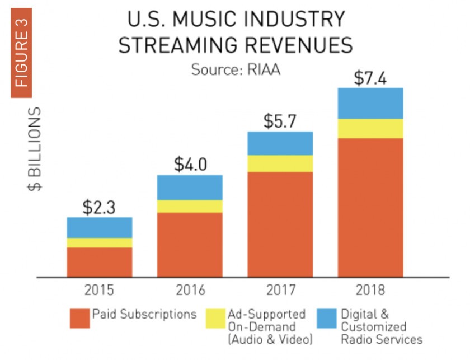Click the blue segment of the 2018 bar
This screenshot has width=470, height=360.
pos(370,103)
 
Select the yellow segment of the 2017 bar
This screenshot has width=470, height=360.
pos(280,163)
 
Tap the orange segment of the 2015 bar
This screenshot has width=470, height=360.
pos(100,261)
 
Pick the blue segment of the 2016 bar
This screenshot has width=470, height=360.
pos(190,188)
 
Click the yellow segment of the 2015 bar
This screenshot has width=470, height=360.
pos(100,242)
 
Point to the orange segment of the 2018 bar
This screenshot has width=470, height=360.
pos(370,207)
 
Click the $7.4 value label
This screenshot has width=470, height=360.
pos(370,78)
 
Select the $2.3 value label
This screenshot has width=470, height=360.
pos(99,207)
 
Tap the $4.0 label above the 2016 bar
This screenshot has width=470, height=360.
pos(190,165)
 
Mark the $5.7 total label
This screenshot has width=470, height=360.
pos(280,121)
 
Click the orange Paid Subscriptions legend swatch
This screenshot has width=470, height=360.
pos(79,319)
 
